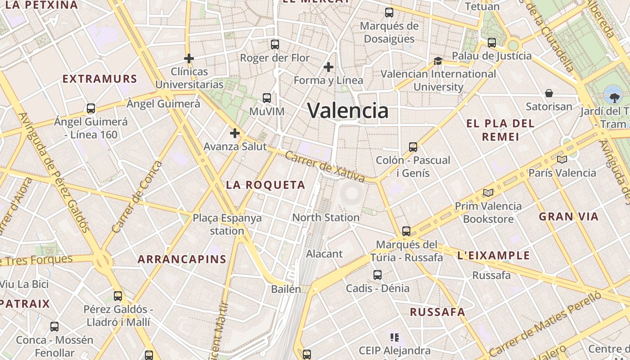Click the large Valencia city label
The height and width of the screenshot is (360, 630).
click(347, 110)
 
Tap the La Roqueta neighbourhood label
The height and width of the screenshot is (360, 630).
click(265, 185)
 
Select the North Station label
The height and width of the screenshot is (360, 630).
click(326, 218)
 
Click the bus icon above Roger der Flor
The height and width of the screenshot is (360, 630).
click(275, 45)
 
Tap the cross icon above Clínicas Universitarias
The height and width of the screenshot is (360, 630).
click(189, 58)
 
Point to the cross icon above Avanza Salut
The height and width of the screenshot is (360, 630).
click(234, 133)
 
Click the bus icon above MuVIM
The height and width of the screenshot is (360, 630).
click(267, 98)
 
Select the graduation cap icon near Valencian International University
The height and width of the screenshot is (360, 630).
click(438, 61)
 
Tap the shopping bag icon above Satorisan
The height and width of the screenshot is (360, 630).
click(549, 93)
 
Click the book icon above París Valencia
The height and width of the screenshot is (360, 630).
click(562, 159)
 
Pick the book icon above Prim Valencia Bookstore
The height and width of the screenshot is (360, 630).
click(488, 193)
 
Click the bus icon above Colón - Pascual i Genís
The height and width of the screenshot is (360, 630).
click(413, 147)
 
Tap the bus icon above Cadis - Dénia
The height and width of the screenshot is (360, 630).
click(378, 275)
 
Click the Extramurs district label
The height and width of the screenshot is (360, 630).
click(99, 79)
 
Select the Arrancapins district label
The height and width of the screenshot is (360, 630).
click(182, 259)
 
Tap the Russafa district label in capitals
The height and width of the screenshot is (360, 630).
click(437, 312)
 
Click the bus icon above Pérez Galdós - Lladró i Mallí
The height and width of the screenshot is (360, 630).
click(118, 296)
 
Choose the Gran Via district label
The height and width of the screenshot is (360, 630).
click(569, 217)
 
